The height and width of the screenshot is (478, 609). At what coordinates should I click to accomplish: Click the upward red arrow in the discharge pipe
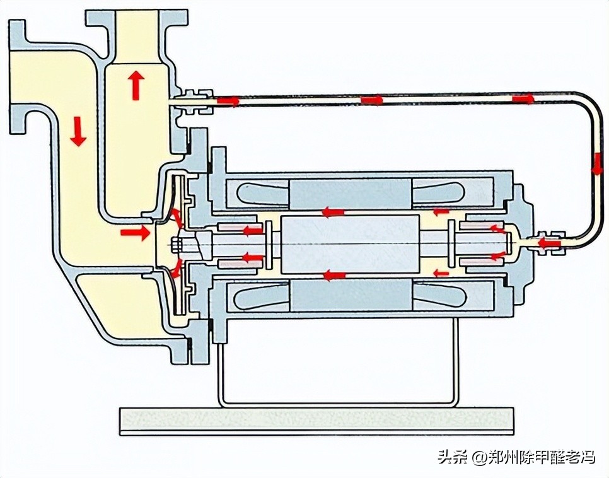click(135, 85)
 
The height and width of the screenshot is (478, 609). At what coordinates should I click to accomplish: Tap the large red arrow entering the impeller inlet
click(136, 233)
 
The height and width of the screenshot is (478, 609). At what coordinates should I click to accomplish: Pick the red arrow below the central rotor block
click(334, 275)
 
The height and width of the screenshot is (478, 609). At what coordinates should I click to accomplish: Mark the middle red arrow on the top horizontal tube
click(372, 100)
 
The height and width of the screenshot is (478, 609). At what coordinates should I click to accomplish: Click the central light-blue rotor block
click(350, 243)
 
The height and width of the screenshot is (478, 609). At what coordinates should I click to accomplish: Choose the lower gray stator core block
click(350, 294)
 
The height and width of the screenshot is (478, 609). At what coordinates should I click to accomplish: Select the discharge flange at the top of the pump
click(137, 16)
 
